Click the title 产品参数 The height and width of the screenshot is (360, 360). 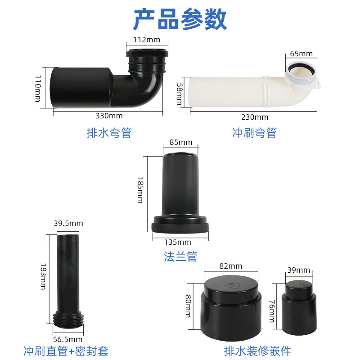point(180,19)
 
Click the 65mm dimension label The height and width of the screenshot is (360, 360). point(301,54)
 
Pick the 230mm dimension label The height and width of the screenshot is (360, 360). point(254,117)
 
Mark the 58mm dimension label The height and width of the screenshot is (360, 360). point(180,93)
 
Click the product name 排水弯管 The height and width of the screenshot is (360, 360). point(108,133)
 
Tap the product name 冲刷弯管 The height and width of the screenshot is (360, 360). point(254,133)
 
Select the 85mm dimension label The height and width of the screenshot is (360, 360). point(181,143)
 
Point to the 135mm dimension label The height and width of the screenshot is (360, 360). point(180,242)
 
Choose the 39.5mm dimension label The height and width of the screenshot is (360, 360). point(68,223)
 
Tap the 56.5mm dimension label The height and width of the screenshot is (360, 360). point(68,339)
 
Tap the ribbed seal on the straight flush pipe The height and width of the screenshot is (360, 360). point(67,319)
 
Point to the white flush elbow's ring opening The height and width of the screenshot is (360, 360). point(301,69)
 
